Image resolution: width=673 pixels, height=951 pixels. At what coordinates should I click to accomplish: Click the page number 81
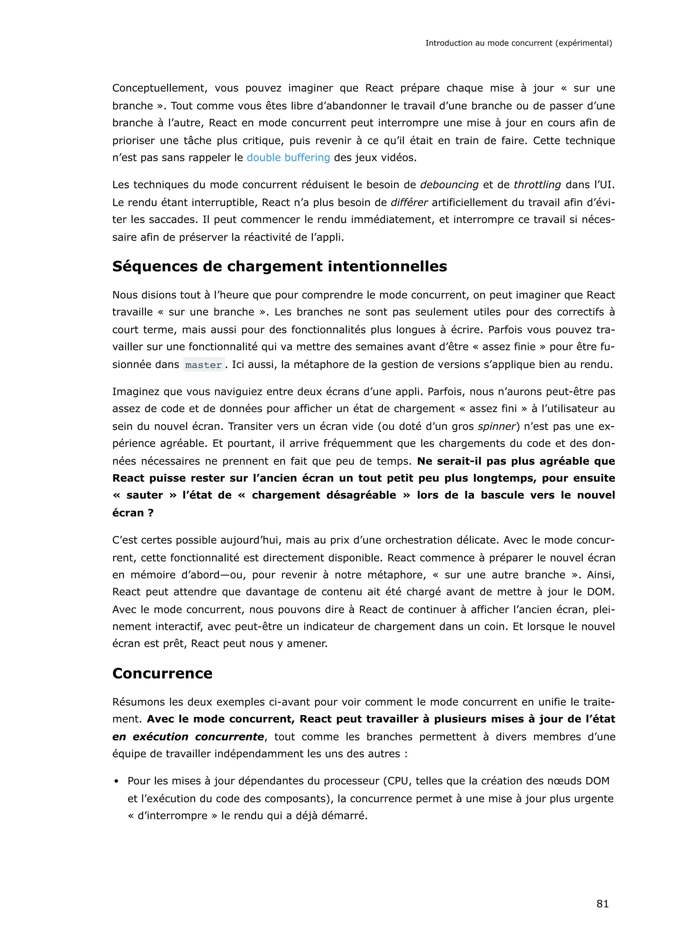click(x=602, y=903)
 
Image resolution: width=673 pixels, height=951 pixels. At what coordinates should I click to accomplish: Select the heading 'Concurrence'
click(x=162, y=673)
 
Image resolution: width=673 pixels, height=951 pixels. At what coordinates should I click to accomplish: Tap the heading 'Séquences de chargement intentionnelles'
click(x=279, y=266)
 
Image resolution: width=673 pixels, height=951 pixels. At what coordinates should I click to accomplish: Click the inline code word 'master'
click(x=203, y=365)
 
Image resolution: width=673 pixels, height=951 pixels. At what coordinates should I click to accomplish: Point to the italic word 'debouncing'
click(x=449, y=185)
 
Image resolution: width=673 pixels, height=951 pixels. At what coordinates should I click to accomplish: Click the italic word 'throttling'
click(x=537, y=185)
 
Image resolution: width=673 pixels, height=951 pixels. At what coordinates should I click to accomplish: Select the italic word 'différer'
click(x=409, y=203)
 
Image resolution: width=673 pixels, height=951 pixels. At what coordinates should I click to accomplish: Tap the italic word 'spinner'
click(x=497, y=426)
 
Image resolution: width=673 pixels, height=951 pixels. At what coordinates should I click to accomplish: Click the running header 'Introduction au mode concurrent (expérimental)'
click(x=519, y=43)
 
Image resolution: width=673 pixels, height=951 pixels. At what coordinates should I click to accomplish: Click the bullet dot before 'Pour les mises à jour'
click(x=117, y=782)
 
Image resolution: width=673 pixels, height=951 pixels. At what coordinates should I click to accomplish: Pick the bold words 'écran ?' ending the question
click(x=133, y=513)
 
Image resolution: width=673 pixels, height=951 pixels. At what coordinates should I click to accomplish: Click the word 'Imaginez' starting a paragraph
click(x=135, y=392)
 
